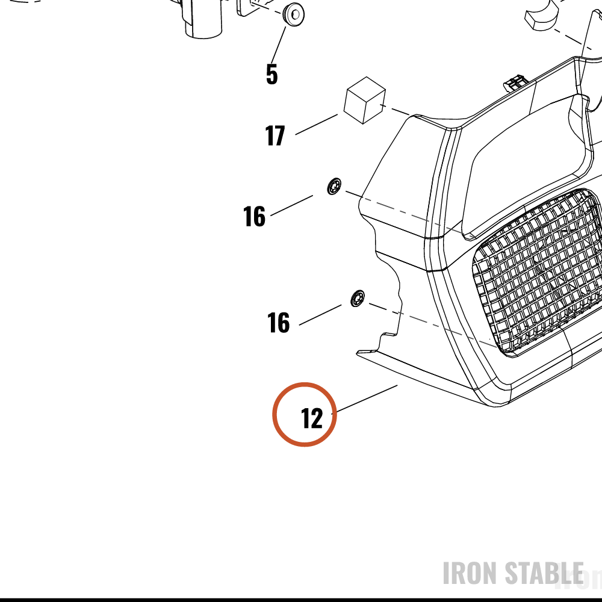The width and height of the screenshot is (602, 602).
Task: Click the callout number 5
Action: coord(272,74)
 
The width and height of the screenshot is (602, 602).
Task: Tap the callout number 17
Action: coord(275,135)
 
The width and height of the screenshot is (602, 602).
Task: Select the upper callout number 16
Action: coord(254,216)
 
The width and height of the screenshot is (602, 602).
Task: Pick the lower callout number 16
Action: coord(278,322)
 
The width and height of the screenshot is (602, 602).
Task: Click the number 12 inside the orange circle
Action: coord(312,418)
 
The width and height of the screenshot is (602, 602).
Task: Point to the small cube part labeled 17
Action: coord(365,100)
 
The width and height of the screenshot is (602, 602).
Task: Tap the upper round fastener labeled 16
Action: coord(334,186)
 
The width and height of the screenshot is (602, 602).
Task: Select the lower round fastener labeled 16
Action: coord(358,299)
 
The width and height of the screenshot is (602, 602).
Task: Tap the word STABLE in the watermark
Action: coord(544,573)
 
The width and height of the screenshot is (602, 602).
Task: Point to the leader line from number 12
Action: coord(365,399)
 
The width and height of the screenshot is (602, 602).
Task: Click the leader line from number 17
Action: coord(317,125)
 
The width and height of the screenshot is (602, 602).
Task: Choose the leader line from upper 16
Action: coord(292,205)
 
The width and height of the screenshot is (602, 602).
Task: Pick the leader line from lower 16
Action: coord(320,315)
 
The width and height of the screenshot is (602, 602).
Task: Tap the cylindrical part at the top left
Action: coord(203,19)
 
